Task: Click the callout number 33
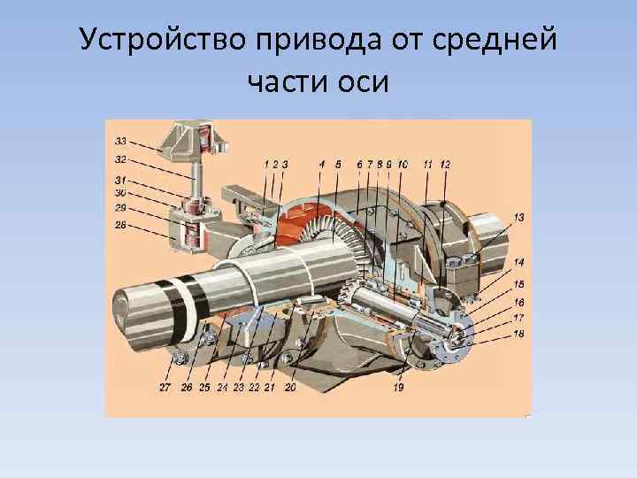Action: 121,140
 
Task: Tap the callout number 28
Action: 121,225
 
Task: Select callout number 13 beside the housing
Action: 519,218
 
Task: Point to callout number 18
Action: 519,334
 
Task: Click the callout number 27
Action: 165,387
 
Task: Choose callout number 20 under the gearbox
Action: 290,387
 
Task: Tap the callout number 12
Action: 445,164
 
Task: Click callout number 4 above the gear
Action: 322,164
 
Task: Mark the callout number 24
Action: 222,387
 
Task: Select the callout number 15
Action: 519,283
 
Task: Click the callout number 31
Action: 121,181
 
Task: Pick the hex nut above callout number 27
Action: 180,357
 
